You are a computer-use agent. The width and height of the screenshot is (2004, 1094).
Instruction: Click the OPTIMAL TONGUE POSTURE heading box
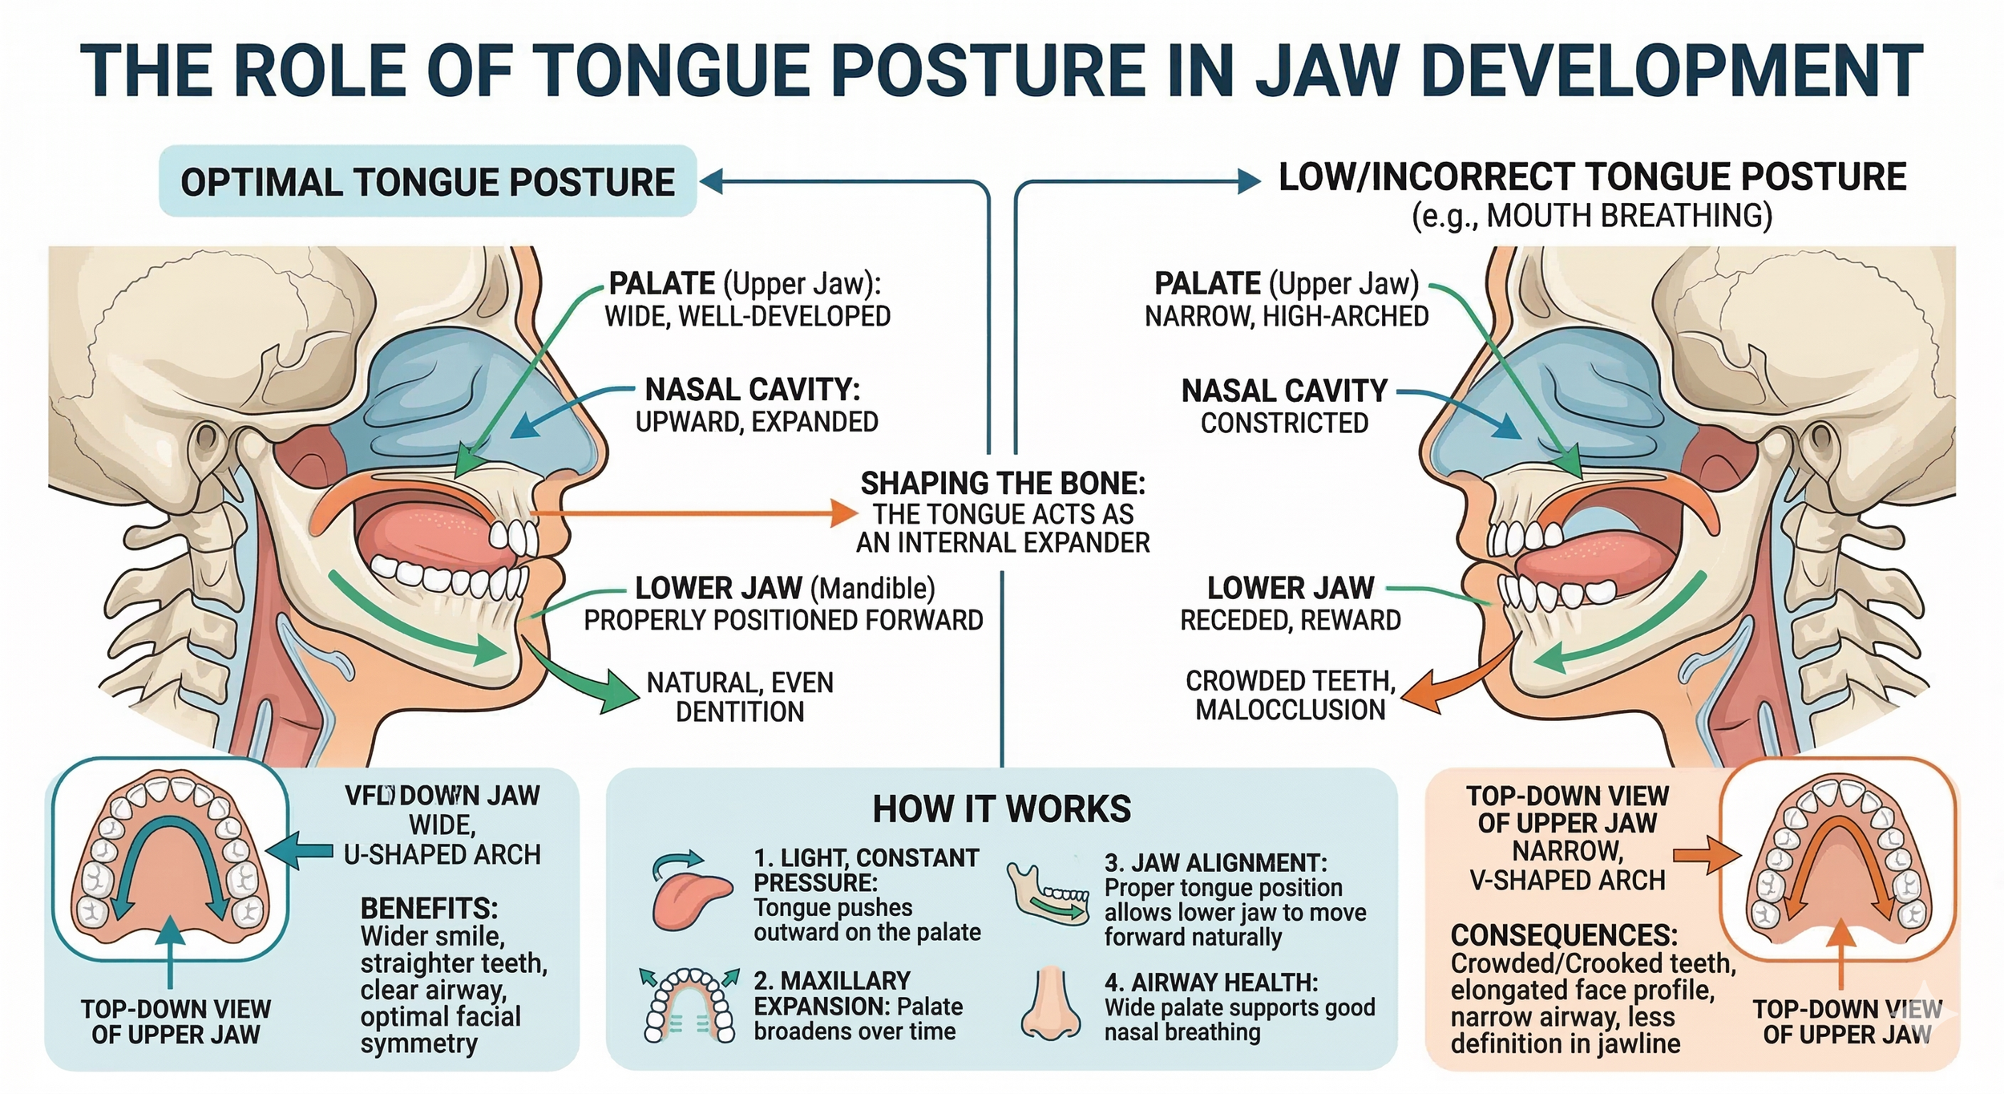tap(427, 181)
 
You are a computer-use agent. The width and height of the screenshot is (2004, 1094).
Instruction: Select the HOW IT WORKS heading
tap(1001, 808)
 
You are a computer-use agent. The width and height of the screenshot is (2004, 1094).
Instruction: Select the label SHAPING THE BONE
tap(1003, 484)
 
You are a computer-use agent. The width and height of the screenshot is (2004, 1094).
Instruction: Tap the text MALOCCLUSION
tap(1290, 710)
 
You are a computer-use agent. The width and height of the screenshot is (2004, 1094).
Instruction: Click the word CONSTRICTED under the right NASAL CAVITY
tap(1284, 423)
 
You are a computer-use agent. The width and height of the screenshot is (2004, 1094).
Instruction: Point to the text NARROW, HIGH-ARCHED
tap(1287, 317)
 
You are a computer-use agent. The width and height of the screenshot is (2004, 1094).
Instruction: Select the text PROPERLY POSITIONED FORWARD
tap(783, 620)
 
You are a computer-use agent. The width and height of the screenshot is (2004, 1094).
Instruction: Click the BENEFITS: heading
tap(429, 909)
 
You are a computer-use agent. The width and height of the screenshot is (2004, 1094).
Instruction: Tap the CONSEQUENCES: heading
tap(1564, 935)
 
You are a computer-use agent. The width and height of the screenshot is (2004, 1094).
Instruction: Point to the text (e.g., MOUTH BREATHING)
tap(1591, 216)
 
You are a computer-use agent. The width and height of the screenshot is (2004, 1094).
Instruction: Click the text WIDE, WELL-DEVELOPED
tap(747, 317)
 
